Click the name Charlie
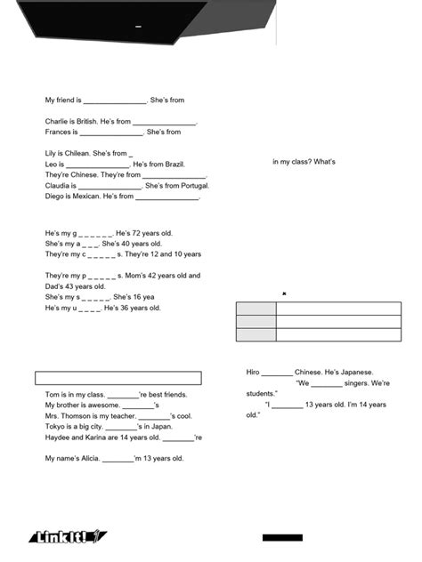pos(58,121)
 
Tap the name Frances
pos(60,132)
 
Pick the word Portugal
pos(190,186)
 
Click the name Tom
pos(52,394)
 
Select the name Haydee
pos(59,438)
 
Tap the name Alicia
pos(87,459)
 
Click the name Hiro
pos(254,373)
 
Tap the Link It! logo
pos(69,536)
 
